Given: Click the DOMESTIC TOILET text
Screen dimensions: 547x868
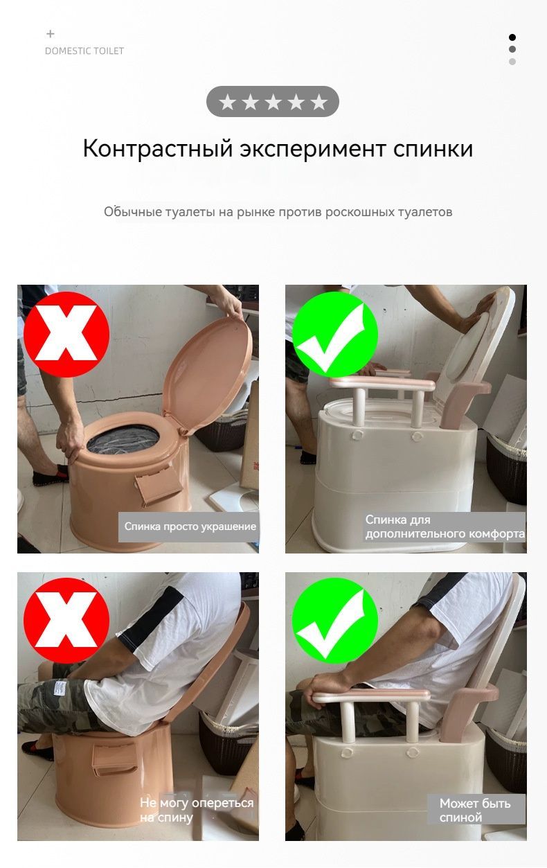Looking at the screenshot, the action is [x=84, y=51].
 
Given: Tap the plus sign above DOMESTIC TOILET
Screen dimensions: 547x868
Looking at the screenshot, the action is [x=51, y=34].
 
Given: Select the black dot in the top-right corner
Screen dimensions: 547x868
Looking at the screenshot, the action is [x=512, y=37].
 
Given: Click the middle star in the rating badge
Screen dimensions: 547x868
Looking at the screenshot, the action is [x=273, y=102].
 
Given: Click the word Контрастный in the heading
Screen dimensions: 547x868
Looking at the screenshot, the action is [x=158, y=149].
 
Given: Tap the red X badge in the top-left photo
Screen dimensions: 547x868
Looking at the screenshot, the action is [x=66, y=334].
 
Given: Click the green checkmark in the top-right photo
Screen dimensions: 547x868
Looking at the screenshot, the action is [x=334, y=334].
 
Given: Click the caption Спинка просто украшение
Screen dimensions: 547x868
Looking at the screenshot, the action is [x=190, y=526].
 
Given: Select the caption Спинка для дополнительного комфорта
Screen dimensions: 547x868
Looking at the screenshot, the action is [x=445, y=526].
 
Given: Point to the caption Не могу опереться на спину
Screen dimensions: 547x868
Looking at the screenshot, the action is [x=197, y=810].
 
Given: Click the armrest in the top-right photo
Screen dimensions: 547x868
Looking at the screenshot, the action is [x=382, y=384].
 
